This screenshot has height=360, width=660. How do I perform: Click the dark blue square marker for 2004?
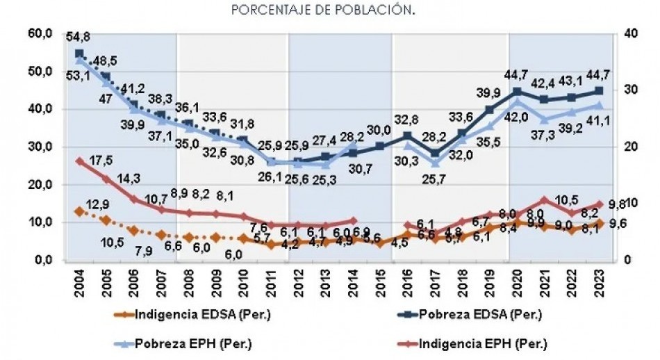[79, 54]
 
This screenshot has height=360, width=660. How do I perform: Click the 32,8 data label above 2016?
[407, 120]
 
